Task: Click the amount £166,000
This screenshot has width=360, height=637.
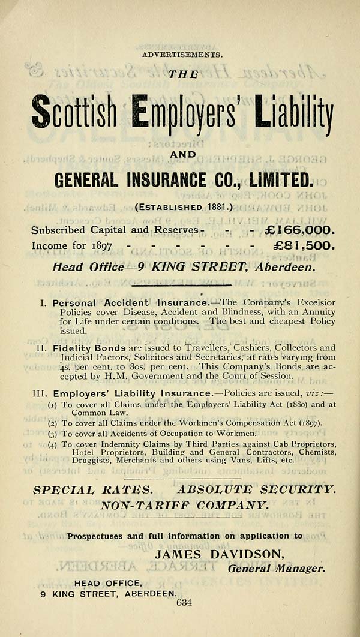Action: (297, 230)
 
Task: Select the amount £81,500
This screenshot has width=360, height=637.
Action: (296, 246)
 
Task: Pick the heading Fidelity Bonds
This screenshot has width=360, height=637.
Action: (89, 348)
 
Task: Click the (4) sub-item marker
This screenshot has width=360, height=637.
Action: (53, 444)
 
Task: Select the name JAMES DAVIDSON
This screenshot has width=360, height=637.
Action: (220, 554)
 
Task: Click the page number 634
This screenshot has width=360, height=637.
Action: (184, 603)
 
